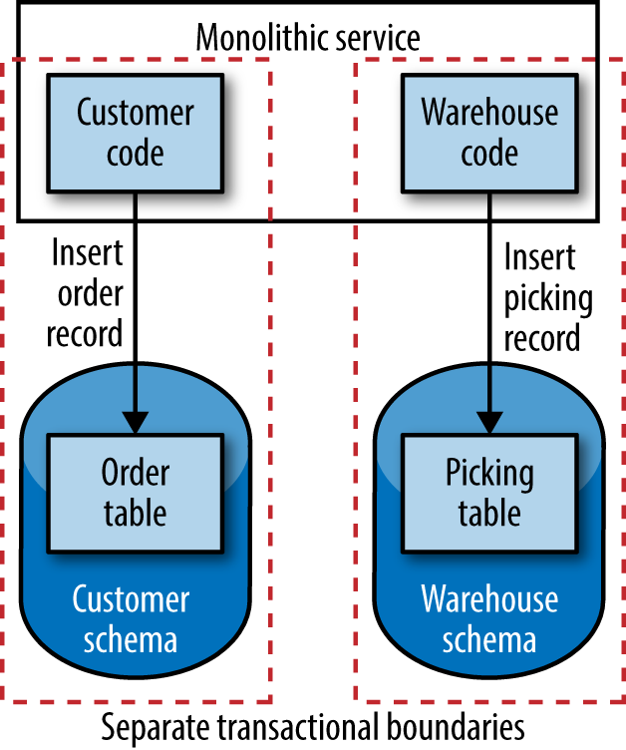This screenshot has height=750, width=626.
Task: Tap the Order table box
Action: [135, 492]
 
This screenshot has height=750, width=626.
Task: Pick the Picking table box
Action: [488, 492]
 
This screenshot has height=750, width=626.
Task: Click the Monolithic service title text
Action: [308, 38]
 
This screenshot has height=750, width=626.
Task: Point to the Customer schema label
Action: [131, 618]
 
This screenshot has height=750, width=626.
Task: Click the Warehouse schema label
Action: [489, 618]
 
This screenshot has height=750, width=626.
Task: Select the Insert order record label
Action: [87, 293]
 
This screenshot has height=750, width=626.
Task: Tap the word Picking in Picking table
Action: [488, 472]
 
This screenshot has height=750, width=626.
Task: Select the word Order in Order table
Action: [135, 472]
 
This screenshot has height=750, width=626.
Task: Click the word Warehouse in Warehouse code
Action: [488, 112]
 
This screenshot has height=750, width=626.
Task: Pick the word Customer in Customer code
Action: [135, 112]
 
